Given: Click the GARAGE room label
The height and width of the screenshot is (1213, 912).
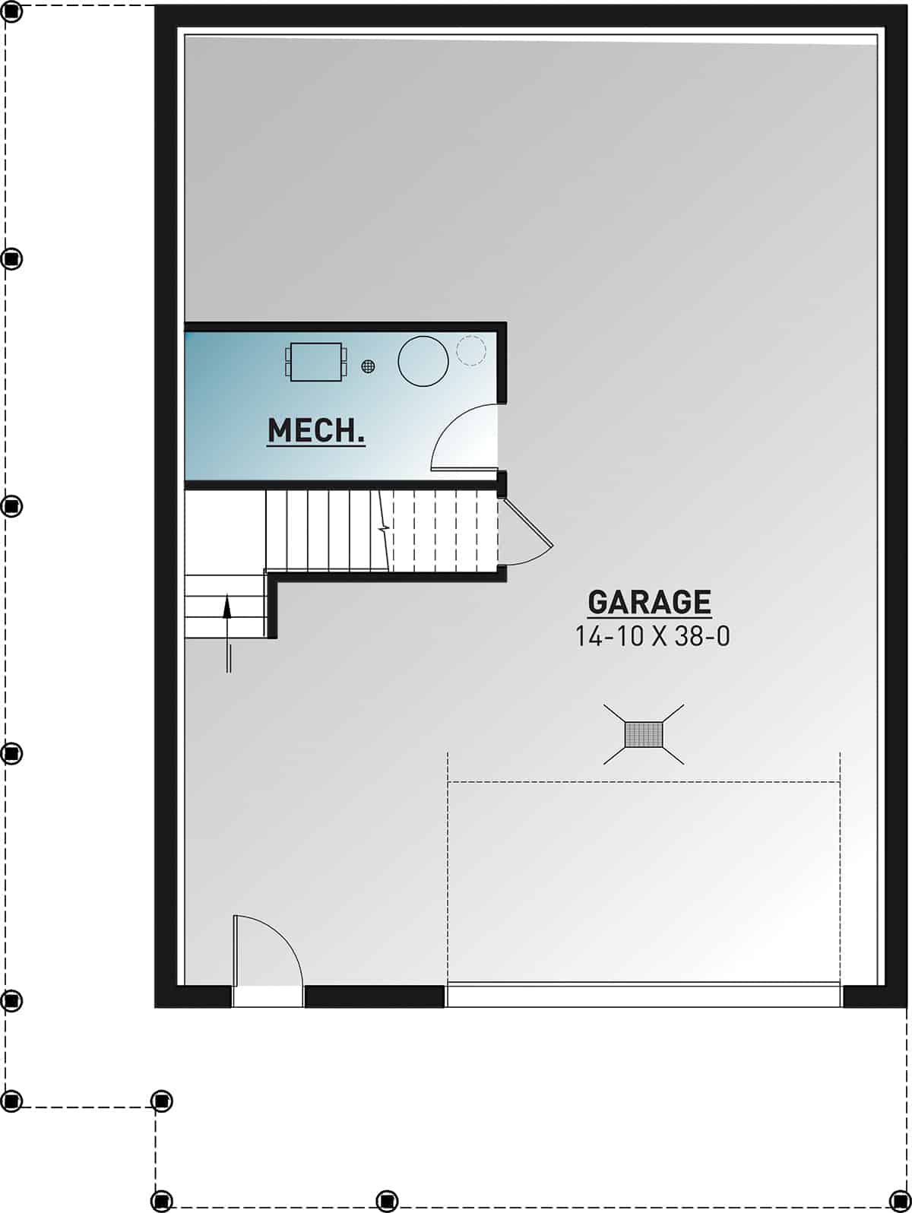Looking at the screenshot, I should [649, 602].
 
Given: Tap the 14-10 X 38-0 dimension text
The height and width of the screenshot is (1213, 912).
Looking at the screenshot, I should [652, 636].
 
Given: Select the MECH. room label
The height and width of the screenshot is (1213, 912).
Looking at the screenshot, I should [316, 431].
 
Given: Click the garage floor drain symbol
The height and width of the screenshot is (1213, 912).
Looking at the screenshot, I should [644, 734].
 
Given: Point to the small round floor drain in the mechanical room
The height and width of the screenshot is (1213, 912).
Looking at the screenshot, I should [369, 366].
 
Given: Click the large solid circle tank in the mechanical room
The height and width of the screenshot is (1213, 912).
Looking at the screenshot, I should [423, 361].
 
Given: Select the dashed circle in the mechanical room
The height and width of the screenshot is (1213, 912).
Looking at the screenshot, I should [470, 350].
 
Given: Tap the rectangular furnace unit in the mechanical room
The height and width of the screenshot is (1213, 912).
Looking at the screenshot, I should [316, 362].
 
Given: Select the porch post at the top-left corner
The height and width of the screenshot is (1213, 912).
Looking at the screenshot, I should [13, 12].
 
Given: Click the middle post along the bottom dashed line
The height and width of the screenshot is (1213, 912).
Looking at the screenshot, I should [386, 1200].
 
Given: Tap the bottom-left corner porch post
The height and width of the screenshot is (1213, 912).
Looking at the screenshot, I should [161, 1200].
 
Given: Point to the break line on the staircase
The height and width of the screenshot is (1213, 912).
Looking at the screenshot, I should [385, 528].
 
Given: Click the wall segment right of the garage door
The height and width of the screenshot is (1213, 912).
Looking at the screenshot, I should [874, 996].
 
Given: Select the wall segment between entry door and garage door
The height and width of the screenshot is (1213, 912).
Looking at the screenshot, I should [374, 996].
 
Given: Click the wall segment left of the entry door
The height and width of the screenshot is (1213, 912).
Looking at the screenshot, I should [194, 996].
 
